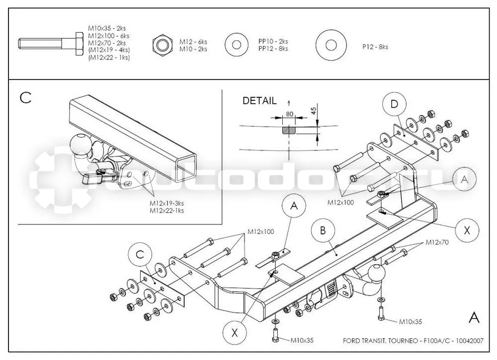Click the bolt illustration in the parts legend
pyautogui.click(x=51, y=44)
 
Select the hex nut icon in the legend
pyautogui.click(x=163, y=45)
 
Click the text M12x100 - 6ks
pyautogui.click(x=109, y=36)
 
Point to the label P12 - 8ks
pyautogui.click(x=375, y=47)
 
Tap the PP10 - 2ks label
pyautogui.click(x=273, y=42)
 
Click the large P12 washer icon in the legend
pyautogui.click(x=331, y=45)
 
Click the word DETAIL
pyautogui.click(x=259, y=101)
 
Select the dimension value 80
pyautogui.click(x=289, y=114)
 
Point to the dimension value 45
pyautogui.click(x=313, y=111)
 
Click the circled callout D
pyautogui.click(x=394, y=104)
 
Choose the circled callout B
pyautogui.click(x=323, y=230)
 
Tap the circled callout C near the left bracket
pyautogui.click(x=141, y=255)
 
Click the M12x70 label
pyautogui.click(x=437, y=242)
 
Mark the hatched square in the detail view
pyautogui.click(x=288, y=130)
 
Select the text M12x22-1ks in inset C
pyautogui.click(x=166, y=211)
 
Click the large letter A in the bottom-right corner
pyautogui.click(x=474, y=317)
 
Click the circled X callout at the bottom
pyautogui.click(x=235, y=333)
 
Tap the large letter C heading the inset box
pyautogui.click(x=26, y=97)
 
